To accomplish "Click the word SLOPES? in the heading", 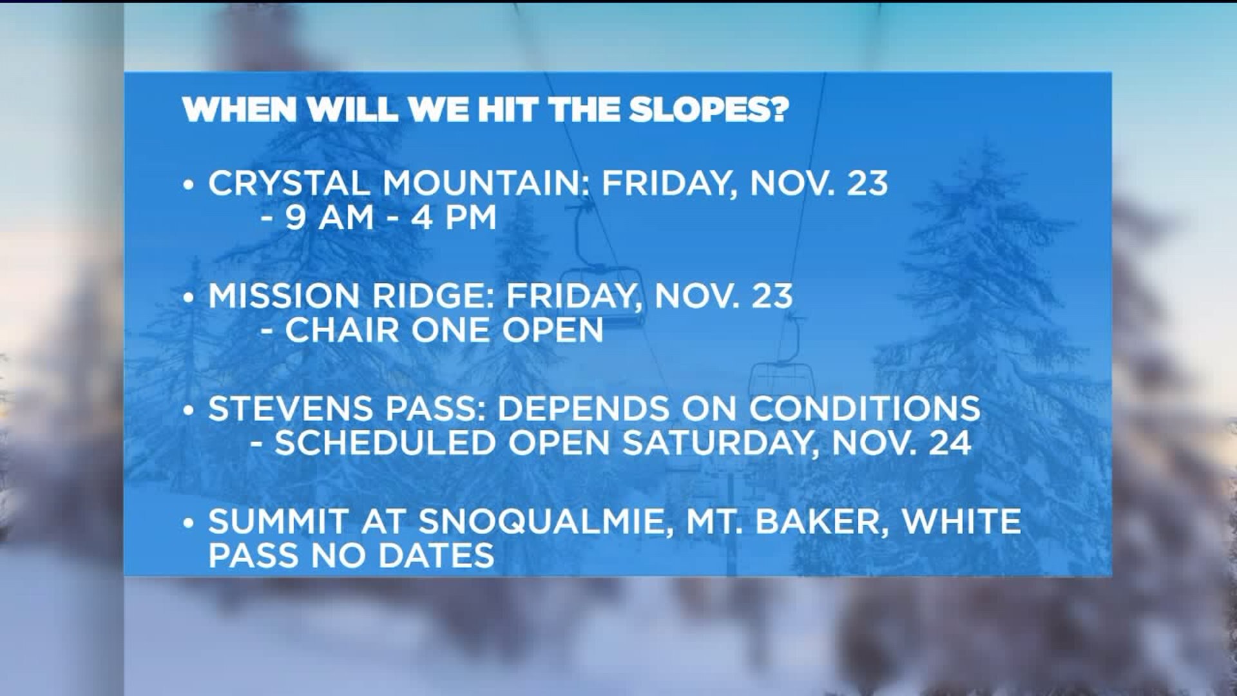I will pyautogui.click(x=709, y=110).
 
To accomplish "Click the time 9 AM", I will pyautogui.click(x=329, y=218).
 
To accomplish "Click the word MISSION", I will pyautogui.click(x=284, y=296).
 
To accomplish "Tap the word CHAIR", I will pyautogui.click(x=342, y=331).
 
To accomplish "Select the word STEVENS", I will pyautogui.click(x=284, y=409).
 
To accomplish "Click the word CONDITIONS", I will pyautogui.click(x=864, y=409).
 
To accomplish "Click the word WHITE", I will pyautogui.click(x=962, y=521).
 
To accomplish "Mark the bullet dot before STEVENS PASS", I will pyautogui.click(x=188, y=411).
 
